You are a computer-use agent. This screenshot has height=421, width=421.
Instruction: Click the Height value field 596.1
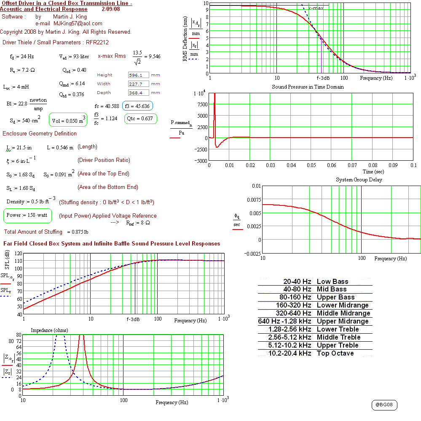pyautogui.click(x=138, y=75)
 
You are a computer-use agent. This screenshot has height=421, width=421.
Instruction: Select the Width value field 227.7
pyautogui.click(x=138, y=84)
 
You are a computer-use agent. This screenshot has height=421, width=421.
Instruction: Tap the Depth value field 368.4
pyautogui.click(x=138, y=93)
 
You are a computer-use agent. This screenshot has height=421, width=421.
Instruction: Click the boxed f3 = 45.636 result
pyautogui.click(x=137, y=106)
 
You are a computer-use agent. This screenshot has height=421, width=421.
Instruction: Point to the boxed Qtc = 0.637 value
pyautogui.click(x=140, y=119)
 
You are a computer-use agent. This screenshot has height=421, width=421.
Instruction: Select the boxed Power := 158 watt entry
pyautogui.click(x=27, y=215)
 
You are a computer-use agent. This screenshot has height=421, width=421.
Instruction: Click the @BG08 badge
pyautogui.click(x=384, y=405)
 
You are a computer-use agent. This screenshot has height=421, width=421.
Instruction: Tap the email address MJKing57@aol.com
pyautogui.click(x=78, y=24)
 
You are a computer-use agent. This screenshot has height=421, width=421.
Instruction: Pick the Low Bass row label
pyautogui.click(x=333, y=281)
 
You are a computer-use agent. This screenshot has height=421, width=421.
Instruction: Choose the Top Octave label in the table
pyautogui.click(x=335, y=353)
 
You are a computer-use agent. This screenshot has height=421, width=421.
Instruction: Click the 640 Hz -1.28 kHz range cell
pyautogui.click(x=284, y=321)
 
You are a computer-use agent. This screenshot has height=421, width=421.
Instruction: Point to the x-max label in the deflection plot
pyautogui.click(x=316, y=8)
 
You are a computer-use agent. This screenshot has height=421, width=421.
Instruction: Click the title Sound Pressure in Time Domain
pyautogui.click(x=308, y=87)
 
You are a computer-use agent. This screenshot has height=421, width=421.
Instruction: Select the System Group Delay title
pyautogui.click(x=359, y=180)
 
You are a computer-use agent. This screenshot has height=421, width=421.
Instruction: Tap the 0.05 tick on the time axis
pyautogui.click(x=311, y=165)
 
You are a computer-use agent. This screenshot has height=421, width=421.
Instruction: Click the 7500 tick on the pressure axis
pyautogui.click(x=202, y=104)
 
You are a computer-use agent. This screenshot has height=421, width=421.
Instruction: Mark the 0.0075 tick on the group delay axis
pyautogui.click(x=254, y=200)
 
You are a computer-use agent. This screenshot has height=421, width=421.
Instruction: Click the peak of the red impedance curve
pyautogui.click(x=81, y=335)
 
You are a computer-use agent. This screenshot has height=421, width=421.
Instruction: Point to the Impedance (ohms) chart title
pyautogui.click(x=49, y=330)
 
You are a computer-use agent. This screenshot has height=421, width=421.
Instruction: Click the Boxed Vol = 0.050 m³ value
pyautogui.click(x=68, y=120)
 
